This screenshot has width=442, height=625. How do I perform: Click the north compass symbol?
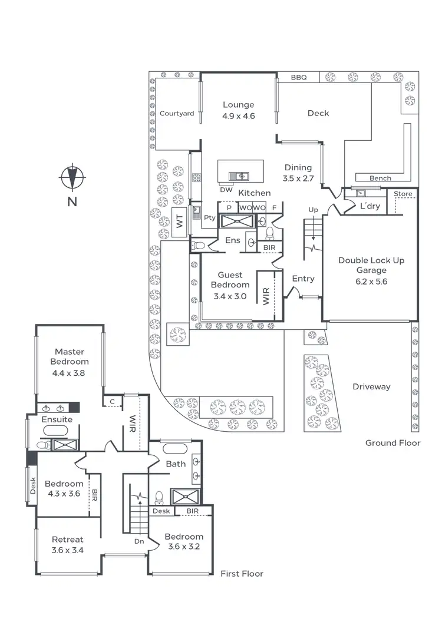coord(72,177)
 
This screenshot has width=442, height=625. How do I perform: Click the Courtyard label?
coord(177,114)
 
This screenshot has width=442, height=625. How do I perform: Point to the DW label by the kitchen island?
coord(226,190)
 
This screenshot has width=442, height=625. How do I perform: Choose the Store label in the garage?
coord(403,194)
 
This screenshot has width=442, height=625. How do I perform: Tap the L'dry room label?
coord(370,206)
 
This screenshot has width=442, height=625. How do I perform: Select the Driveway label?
coord(371,387)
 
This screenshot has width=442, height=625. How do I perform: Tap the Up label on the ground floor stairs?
coord(313,210)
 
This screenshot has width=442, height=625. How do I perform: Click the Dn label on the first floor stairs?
coord(139,540)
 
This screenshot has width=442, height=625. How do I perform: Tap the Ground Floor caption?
coord(392,443)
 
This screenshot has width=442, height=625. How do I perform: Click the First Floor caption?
coord(242,573)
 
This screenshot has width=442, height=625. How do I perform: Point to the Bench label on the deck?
coord(380,178)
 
